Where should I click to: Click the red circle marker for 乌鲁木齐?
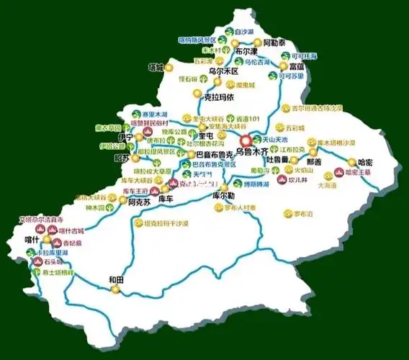[x=246, y=141]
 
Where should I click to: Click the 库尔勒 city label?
[x=225, y=195]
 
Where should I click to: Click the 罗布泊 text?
[x=305, y=213]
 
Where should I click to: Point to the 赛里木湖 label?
[x=155, y=114]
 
